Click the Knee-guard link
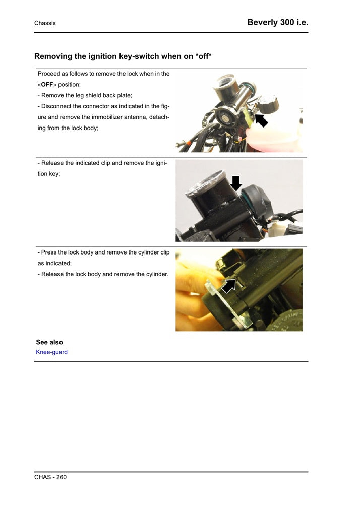point(51,352)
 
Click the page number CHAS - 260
point(50,477)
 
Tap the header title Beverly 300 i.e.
point(277,23)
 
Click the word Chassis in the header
point(45,23)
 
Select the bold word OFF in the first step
point(47,84)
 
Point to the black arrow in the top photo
point(261,120)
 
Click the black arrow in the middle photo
point(235,183)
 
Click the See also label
point(49,342)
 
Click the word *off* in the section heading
point(203,56)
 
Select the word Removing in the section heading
point(54,56)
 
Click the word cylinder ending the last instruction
point(156,274)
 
